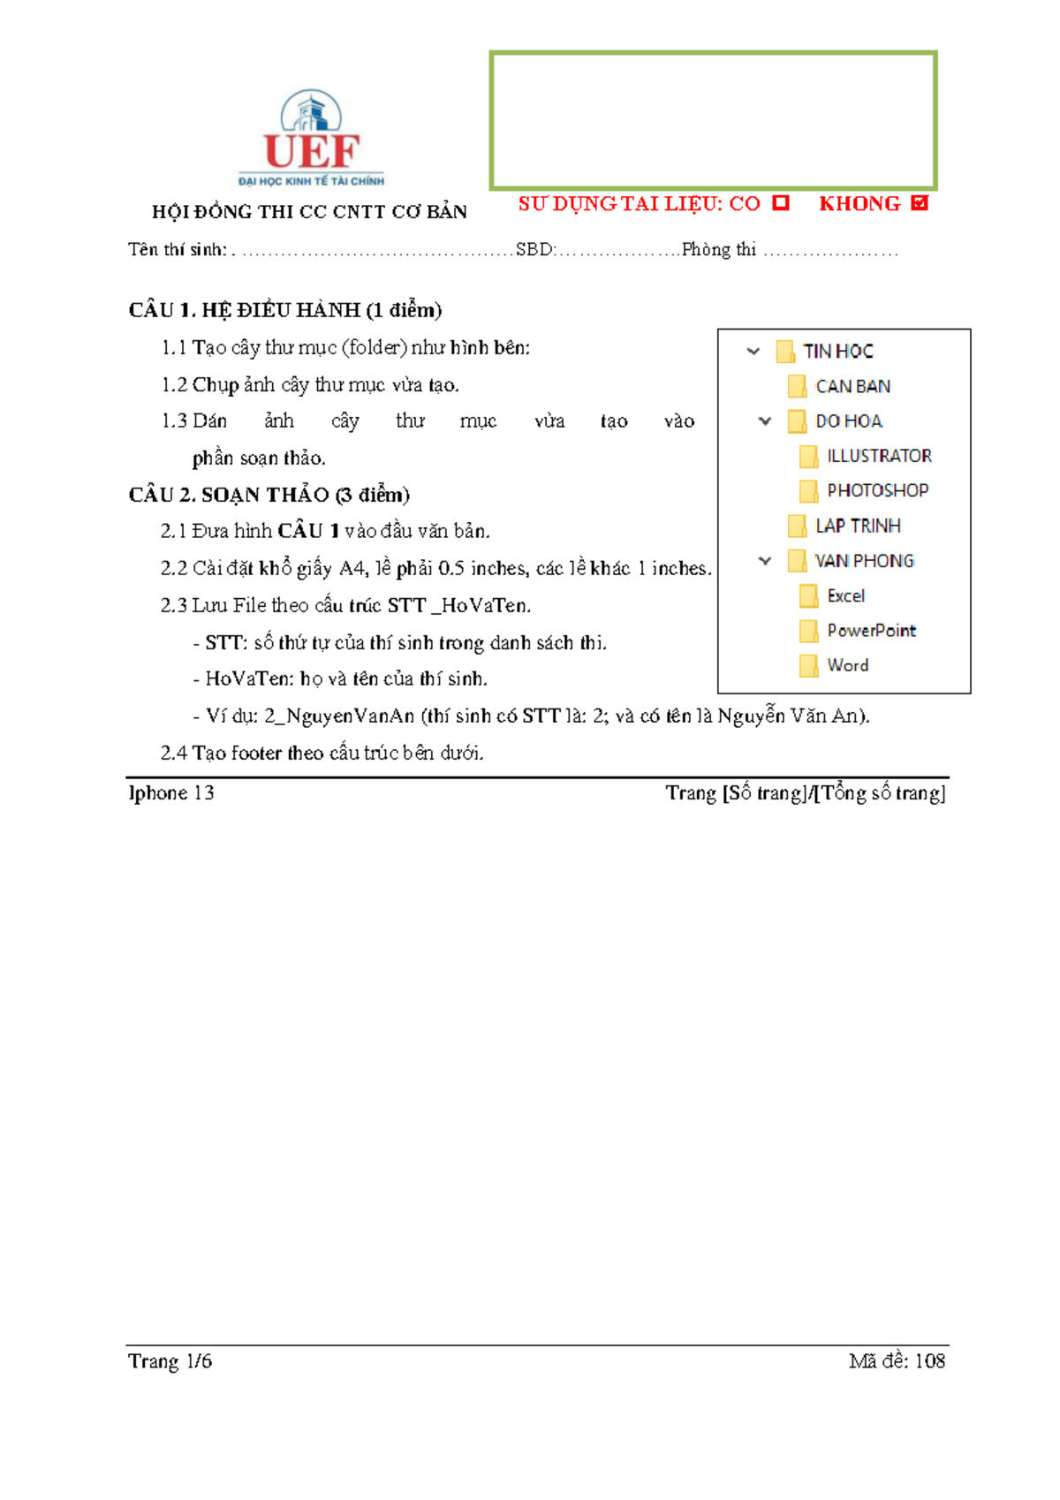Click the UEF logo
click(x=311, y=140)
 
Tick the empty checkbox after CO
click(x=780, y=203)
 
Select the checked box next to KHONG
click(x=920, y=203)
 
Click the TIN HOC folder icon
click(x=784, y=352)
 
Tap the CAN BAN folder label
click(x=852, y=386)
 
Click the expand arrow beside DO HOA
click(x=765, y=420)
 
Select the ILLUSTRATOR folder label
click(x=879, y=456)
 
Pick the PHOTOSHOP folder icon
click(x=807, y=490)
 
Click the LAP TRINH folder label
click(x=858, y=526)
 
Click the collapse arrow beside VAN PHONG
click(x=765, y=560)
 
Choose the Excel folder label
click(x=845, y=595)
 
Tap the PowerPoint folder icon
click(x=807, y=631)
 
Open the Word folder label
click(x=847, y=665)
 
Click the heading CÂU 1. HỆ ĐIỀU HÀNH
click(x=284, y=310)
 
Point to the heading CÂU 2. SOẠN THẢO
click(x=269, y=495)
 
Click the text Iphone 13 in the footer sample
click(x=171, y=793)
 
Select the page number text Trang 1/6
click(x=170, y=1361)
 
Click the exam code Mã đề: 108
click(x=897, y=1361)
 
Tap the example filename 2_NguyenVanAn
click(x=338, y=716)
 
